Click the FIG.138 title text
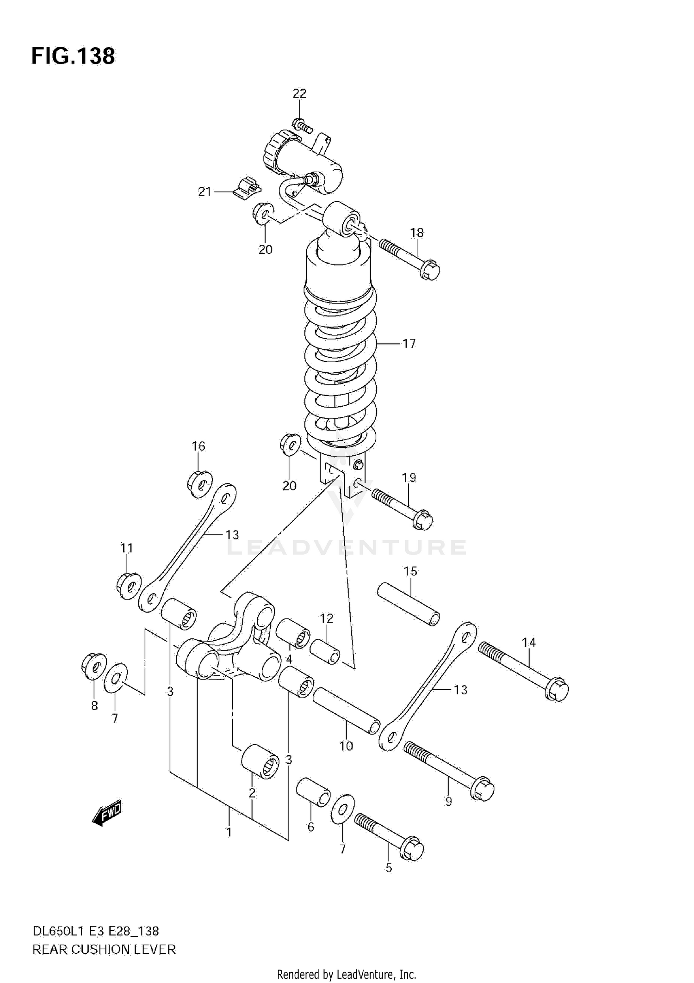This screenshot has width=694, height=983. pos(73,56)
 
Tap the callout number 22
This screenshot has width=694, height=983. pos(299,93)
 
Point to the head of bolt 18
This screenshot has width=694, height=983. pos(430,270)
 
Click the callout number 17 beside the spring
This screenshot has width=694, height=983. pos(409,344)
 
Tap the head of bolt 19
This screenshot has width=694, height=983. pos(422,521)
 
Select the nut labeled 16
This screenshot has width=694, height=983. pos(200,484)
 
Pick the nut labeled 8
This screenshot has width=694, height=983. pos(93,667)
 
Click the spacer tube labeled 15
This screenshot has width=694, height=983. pos(409,605)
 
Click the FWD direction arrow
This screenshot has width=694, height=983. pos(107,812)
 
